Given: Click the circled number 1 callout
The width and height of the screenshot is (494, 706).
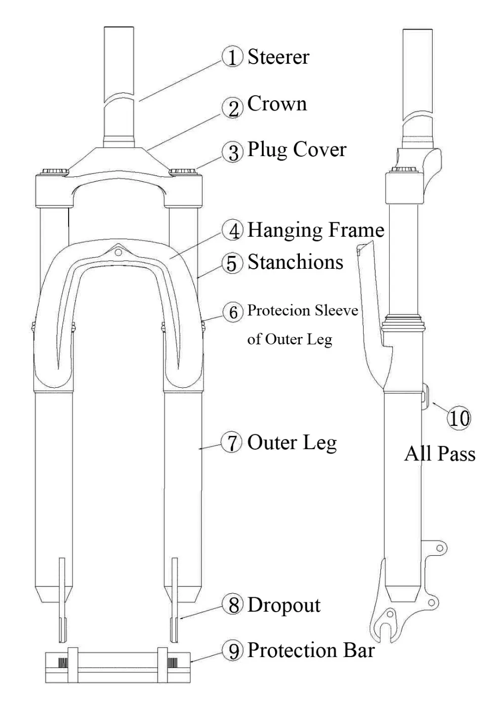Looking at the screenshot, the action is (x=232, y=57).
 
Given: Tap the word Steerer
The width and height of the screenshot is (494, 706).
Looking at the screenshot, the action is (x=278, y=57).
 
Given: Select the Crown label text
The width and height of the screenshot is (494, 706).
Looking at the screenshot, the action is (x=277, y=104).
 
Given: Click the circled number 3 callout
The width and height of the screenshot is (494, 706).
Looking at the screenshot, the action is (x=232, y=152).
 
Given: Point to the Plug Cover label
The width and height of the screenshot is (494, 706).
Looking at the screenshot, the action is (x=297, y=150).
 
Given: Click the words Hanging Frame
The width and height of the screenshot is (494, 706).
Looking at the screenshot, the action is (x=316, y=230).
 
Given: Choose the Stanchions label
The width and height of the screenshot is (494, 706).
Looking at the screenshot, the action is (x=295, y=262).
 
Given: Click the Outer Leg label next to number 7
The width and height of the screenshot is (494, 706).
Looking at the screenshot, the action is (x=292, y=443).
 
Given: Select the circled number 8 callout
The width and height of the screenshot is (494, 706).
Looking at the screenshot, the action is (x=233, y=605).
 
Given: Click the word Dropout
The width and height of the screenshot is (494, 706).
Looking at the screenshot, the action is (x=284, y=605).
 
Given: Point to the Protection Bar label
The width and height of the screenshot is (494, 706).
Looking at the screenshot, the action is (x=311, y=650).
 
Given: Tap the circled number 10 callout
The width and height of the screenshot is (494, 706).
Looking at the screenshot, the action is (x=458, y=418).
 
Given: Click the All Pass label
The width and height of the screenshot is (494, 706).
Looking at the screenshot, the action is (x=440, y=454).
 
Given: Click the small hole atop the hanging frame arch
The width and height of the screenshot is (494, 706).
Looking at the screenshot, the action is (x=118, y=252).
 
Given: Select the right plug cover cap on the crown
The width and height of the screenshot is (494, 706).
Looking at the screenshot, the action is (x=183, y=171).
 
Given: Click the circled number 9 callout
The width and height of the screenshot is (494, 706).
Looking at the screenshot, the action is (x=233, y=651).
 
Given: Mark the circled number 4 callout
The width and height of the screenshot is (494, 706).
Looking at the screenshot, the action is (x=232, y=230).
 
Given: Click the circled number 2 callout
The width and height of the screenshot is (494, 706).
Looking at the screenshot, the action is (x=232, y=108).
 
